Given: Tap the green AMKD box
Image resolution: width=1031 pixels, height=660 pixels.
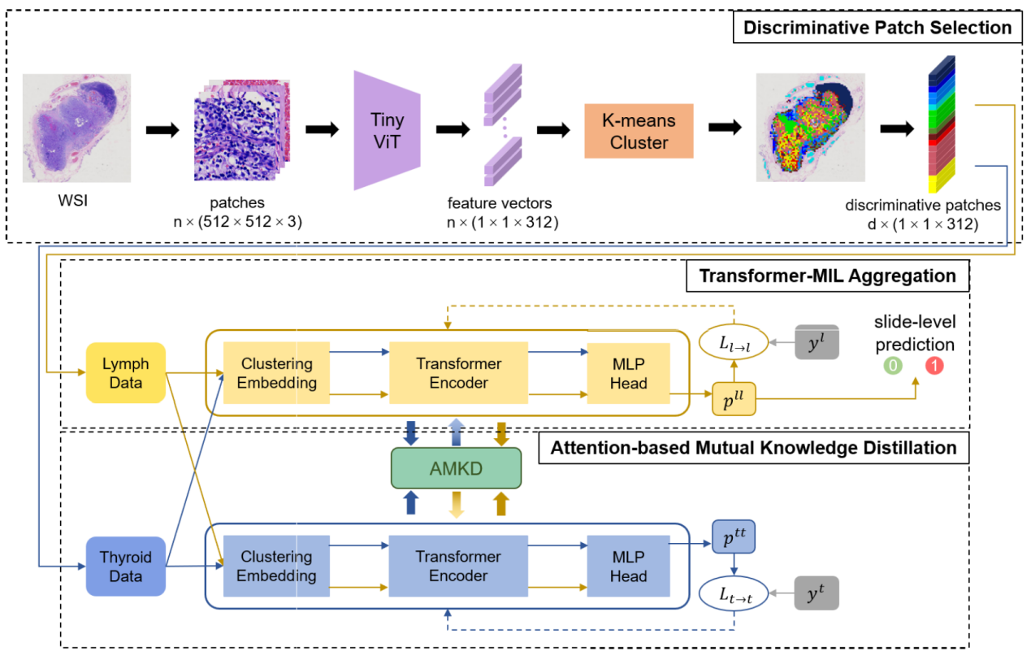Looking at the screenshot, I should point(455,467).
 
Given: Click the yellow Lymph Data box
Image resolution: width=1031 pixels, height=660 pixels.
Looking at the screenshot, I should point(125,373).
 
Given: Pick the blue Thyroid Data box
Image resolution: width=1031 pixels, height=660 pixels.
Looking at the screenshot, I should point(125,567).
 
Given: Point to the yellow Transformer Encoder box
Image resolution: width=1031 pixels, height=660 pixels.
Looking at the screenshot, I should point(458,373).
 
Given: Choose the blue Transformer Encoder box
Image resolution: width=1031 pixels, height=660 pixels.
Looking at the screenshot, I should point(458,567).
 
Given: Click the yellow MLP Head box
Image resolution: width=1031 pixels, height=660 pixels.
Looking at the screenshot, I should point(628,373).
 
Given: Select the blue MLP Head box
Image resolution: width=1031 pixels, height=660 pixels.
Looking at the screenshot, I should point(628,567).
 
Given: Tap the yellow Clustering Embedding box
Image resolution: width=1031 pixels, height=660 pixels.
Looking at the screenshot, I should point(276,373).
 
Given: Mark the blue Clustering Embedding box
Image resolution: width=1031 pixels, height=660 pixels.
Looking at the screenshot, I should point(276,567).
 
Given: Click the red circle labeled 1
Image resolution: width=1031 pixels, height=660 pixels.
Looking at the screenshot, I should point(934,366).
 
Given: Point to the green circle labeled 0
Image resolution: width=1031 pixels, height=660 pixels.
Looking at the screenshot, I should point(892,366).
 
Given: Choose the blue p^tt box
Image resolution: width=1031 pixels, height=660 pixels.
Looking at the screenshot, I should point(733,537).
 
